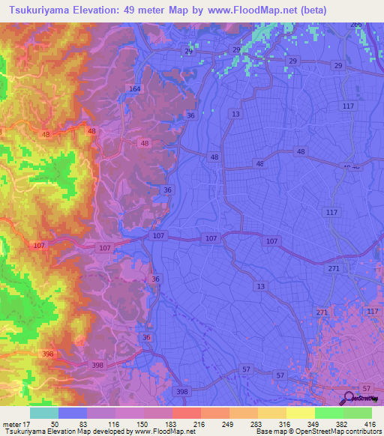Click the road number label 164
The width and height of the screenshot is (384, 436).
tap(134, 89)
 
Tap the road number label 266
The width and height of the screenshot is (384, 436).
tap(355, 25)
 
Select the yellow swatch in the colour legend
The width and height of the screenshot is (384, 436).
tap(300, 413)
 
